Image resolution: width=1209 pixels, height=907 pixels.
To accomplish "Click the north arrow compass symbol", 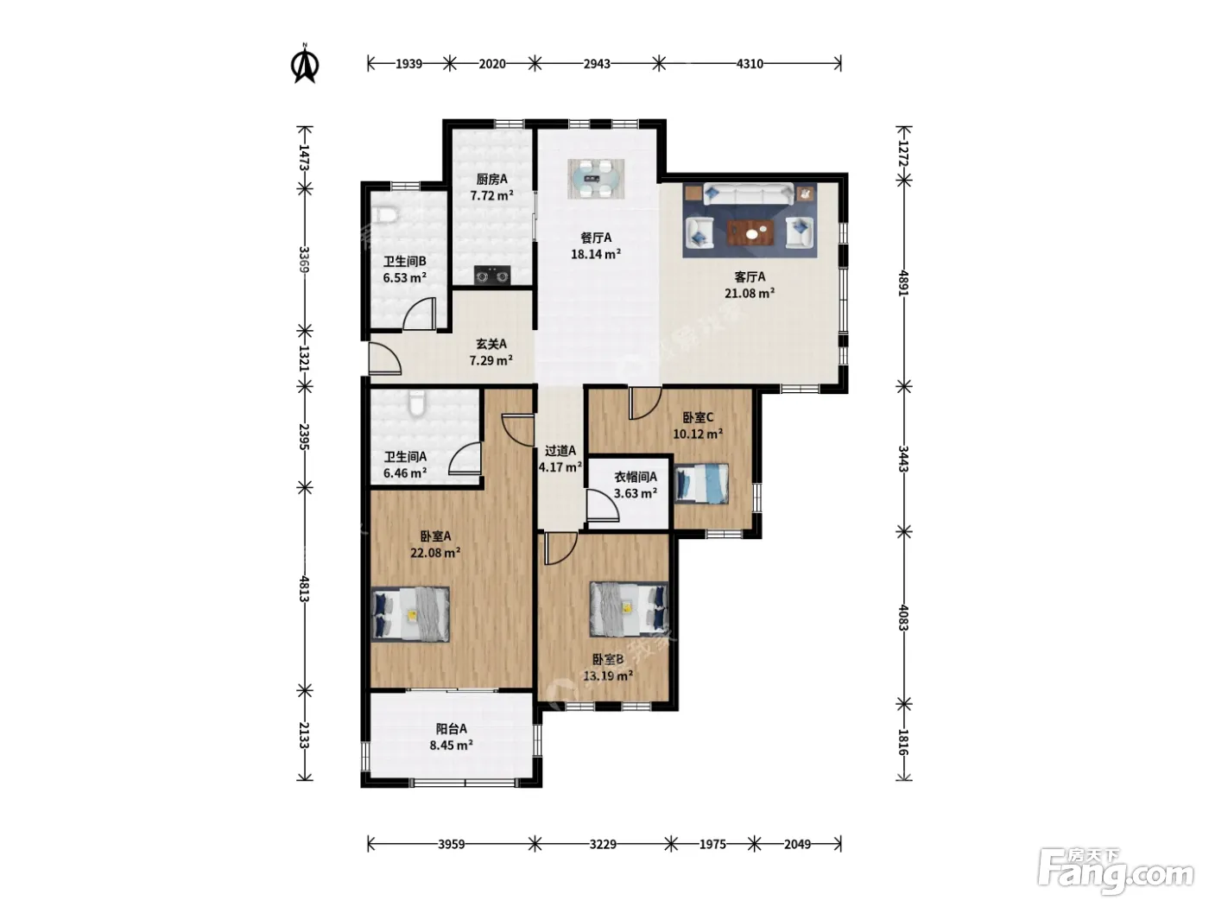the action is (x=304, y=64).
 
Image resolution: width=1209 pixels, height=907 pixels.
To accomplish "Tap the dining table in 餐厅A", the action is (x=596, y=179).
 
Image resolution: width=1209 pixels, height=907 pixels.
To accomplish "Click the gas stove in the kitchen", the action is (x=492, y=276).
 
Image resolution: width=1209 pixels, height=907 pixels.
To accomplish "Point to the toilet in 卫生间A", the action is (x=417, y=403).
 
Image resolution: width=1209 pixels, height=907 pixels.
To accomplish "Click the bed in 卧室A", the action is (x=410, y=614).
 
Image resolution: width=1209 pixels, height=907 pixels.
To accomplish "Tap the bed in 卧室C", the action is (x=701, y=484).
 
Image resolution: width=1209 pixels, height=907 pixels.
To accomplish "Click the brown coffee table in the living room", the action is (x=750, y=232).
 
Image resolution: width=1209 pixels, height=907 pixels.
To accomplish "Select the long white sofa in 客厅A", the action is (x=749, y=194).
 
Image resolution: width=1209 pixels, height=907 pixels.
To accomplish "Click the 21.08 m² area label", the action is (x=749, y=293).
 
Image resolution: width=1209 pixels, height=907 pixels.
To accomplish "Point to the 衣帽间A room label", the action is (x=636, y=477).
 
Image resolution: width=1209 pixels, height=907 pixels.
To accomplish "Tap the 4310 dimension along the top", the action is (x=750, y=64).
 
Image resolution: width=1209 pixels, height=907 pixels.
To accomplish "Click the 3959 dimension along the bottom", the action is (x=451, y=844).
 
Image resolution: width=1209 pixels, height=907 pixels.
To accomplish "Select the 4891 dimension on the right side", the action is (x=903, y=283).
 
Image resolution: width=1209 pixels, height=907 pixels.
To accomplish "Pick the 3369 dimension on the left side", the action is (x=304, y=260).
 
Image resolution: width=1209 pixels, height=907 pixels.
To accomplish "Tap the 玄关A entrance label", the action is (x=491, y=344).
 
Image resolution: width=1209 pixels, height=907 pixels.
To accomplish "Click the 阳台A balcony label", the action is (x=452, y=728).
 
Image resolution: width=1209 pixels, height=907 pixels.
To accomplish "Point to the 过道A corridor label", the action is (x=560, y=451).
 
